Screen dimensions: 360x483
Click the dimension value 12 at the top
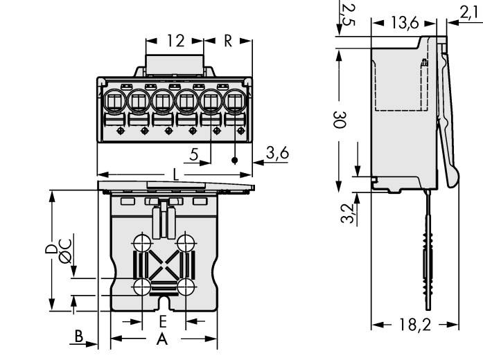point(175,41)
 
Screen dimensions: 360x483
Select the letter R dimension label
point(228,41)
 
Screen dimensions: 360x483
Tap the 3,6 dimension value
point(277,154)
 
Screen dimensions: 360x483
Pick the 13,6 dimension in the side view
point(403,22)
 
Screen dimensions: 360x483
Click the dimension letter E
point(163,321)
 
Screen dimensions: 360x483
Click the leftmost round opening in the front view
point(114,102)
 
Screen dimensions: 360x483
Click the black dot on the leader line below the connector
point(236,161)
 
